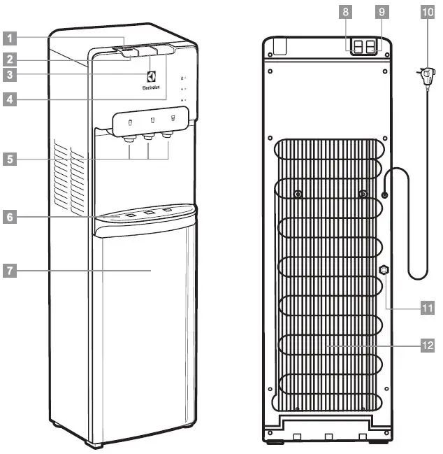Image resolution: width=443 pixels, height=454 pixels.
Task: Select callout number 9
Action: [x=380, y=12]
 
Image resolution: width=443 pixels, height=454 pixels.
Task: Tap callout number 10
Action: [x=427, y=12]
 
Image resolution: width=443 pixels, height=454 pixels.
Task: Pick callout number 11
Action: [x=427, y=306]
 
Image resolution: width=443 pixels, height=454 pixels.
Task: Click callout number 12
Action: [x=427, y=345]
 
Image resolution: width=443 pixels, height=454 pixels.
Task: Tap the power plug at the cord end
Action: [x=423, y=73]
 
